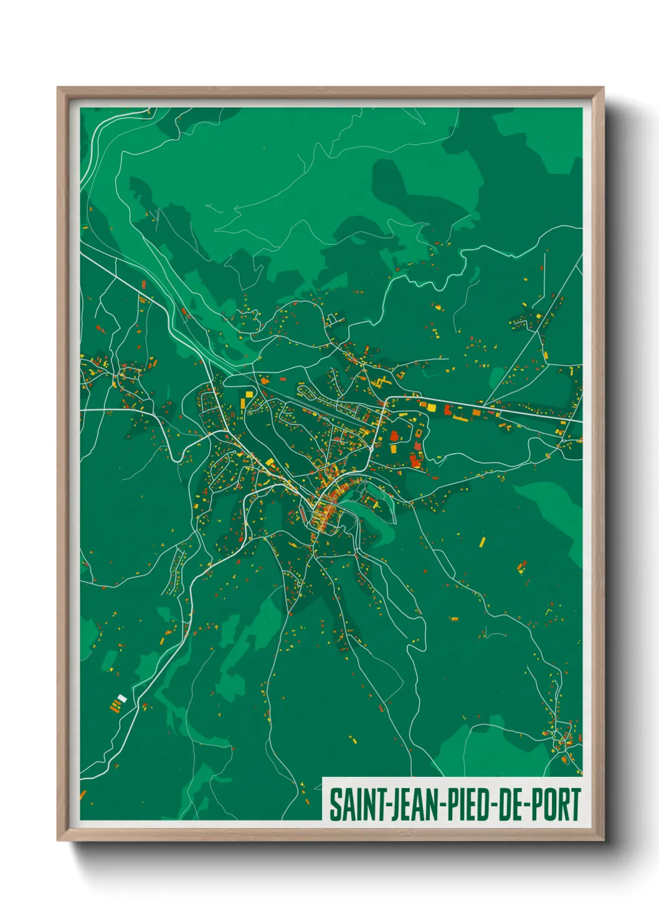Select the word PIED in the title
coord(468,804)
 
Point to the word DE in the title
coord(510,804)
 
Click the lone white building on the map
coord(122,698)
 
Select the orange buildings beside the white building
coord(114,705)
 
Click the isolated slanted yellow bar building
coord(482,541)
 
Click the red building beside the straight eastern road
coord(447,409)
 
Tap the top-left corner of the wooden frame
coord(58,88)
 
